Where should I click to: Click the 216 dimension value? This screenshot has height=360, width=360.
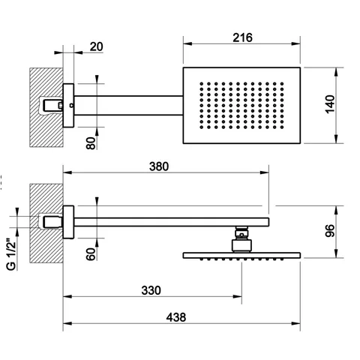coord(242,37)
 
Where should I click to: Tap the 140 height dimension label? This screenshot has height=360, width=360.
coord(330,104)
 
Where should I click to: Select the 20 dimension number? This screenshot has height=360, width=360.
coord(97,46)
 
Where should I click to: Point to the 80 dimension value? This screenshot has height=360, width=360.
coord(91,143)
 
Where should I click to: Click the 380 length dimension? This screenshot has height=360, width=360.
coord(159,166)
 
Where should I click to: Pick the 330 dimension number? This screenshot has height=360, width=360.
coord(151,290)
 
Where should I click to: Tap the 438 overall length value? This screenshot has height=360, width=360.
coord(176,317)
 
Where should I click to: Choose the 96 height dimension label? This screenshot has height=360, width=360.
coord(330,231)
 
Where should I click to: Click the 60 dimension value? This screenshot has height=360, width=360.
coord(91,254)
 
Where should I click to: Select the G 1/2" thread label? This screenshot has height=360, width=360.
coord(11,255)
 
